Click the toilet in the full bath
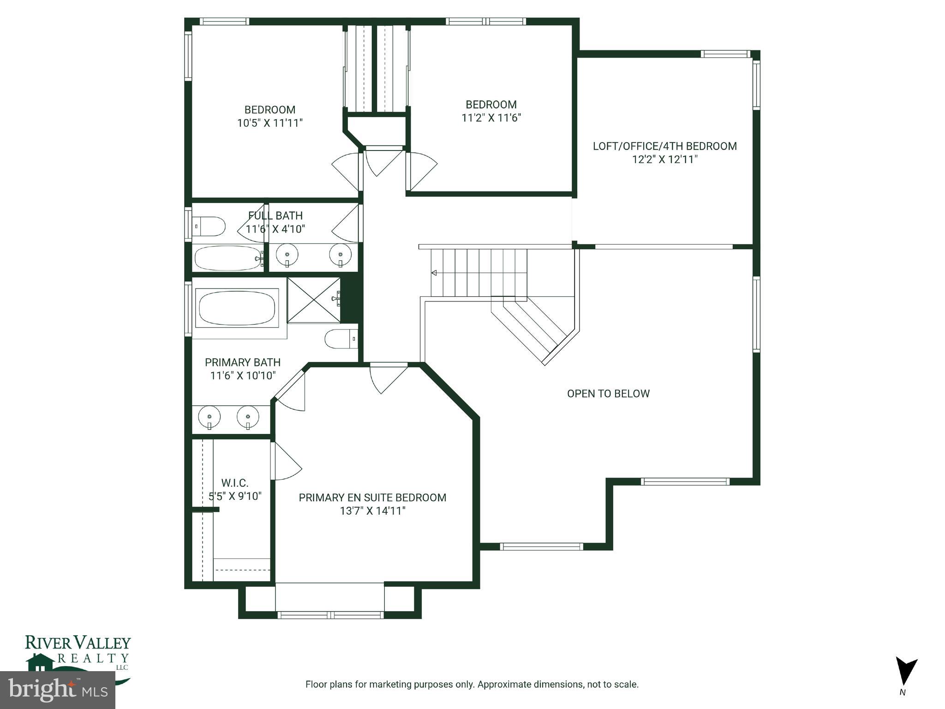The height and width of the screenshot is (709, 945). [x=209, y=227]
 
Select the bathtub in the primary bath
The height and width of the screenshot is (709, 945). [x=237, y=308]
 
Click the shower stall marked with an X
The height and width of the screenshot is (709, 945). [x=314, y=300]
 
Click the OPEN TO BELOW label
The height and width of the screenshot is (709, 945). [x=608, y=394]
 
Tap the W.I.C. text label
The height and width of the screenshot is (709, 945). [x=234, y=483]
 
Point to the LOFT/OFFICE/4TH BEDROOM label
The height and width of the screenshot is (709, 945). [x=664, y=146]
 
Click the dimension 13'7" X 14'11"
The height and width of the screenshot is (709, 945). [x=372, y=511]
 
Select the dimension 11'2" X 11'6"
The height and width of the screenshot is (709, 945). [x=491, y=118]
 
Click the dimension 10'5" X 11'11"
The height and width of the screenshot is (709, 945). [x=269, y=123]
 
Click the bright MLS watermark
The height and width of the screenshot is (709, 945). [x=58, y=690]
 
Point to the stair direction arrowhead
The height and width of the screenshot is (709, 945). [x=434, y=273]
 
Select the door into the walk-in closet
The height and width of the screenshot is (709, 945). [x=286, y=462]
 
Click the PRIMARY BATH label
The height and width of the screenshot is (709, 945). [x=242, y=362]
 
